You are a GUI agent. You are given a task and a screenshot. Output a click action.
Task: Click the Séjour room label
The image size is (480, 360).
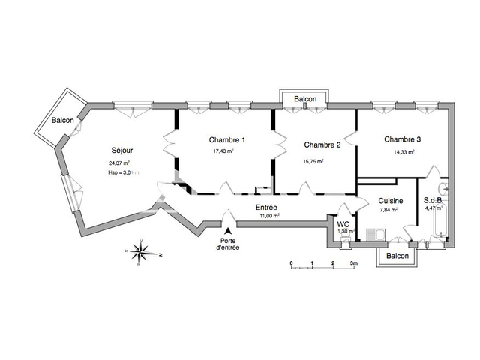click(123, 148)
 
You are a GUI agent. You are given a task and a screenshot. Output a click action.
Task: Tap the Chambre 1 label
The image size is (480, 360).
click(226, 140)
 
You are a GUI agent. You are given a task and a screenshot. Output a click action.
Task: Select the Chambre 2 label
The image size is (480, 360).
click(323, 145)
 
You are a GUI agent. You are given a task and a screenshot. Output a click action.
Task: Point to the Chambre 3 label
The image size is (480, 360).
click(403, 139)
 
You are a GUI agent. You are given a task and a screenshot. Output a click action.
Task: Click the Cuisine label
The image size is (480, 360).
click(391, 201)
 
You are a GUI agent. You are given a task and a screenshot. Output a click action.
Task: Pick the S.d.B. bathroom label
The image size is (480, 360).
click(433, 200)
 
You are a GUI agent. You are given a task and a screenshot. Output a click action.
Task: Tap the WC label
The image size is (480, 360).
click(343, 224)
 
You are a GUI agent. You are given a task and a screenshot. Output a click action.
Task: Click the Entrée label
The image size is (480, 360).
click(267, 206)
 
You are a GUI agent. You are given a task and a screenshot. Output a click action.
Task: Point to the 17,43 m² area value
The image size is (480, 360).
click(223, 151)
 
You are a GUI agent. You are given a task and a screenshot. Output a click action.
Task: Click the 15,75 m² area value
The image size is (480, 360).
click(313, 160)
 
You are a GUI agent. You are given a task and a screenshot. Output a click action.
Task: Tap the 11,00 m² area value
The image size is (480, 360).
click(268, 216)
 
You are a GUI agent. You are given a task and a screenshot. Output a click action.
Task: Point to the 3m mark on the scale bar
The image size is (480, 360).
click(355, 263)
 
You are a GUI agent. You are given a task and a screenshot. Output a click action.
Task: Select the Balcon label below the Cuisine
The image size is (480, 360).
click(397, 256)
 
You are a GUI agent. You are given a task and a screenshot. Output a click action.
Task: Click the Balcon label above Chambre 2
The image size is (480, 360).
click(305, 99)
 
